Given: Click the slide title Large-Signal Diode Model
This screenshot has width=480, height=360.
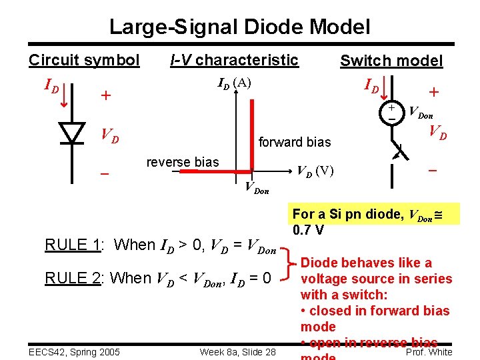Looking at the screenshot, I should click(x=239, y=27).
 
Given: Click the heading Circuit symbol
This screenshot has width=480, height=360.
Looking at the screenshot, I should click(x=84, y=60).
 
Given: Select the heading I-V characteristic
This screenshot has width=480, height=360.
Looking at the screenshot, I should click(x=234, y=60).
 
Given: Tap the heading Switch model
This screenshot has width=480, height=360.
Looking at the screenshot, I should click(x=391, y=61).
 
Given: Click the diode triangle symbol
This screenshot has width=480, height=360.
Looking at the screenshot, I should click(x=71, y=133).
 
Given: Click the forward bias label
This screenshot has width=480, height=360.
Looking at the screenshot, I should click(x=294, y=141).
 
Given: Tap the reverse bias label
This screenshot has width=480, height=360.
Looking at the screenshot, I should click(x=182, y=162).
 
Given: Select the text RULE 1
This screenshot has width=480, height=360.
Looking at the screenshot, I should click(x=72, y=245).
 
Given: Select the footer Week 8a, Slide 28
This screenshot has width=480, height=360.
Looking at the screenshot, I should click(x=237, y=351).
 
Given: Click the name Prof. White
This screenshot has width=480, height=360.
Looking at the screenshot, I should click(x=429, y=351).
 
